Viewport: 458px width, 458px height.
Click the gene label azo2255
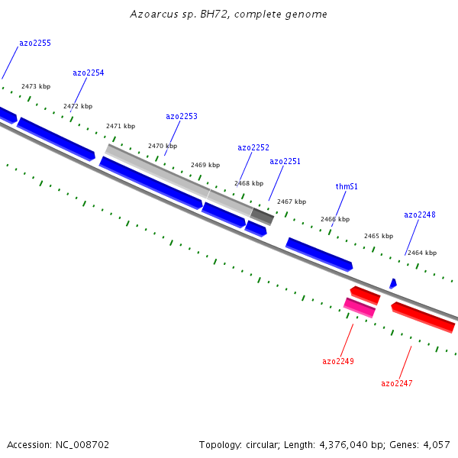pyautogui.click(x=35, y=44)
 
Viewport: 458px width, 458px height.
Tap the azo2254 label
pyautogui.click(x=89, y=73)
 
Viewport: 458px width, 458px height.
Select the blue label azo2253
pyautogui.click(x=182, y=116)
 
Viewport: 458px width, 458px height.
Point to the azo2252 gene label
pyautogui.click(x=253, y=147)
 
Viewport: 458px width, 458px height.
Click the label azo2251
pyautogui.click(x=285, y=161)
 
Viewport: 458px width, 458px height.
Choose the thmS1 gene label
pyautogui.click(x=347, y=186)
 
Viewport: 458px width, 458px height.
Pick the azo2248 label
pyautogui.click(x=420, y=214)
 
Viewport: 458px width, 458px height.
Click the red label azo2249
pyautogui.click(x=338, y=361)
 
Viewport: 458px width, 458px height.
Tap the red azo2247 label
pyautogui.click(x=397, y=383)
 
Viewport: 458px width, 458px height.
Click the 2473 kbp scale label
pyautogui.click(x=36, y=86)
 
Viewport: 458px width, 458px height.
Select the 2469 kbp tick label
pyautogui.click(x=205, y=165)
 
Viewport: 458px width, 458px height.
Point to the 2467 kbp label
pyautogui.click(x=292, y=202)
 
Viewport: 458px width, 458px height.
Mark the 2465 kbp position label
pyautogui.click(x=379, y=236)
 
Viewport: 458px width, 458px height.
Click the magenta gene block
pyautogui.click(x=360, y=308)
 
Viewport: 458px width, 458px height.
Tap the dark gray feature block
pyautogui.click(x=262, y=217)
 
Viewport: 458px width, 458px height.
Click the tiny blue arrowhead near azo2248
pyautogui.click(x=393, y=283)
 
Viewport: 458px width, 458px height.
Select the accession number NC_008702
pyautogui.click(x=82, y=445)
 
